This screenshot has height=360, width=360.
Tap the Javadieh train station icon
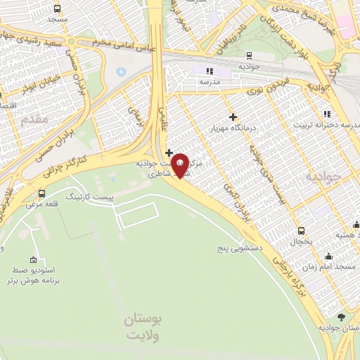(x=249, y=55)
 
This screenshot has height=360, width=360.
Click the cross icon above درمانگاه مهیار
(x=233, y=117)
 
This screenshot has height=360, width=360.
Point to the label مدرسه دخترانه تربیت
(x=330, y=124)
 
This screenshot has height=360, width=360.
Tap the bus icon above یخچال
(x=301, y=231)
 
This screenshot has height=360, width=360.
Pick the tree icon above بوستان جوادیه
(x=341, y=317)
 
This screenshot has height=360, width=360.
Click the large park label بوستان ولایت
(x=143, y=327)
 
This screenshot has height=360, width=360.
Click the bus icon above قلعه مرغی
(x=42, y=193)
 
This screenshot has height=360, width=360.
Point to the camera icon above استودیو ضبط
(x=33, y=260)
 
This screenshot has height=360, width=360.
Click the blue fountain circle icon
(x=120, y=72)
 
